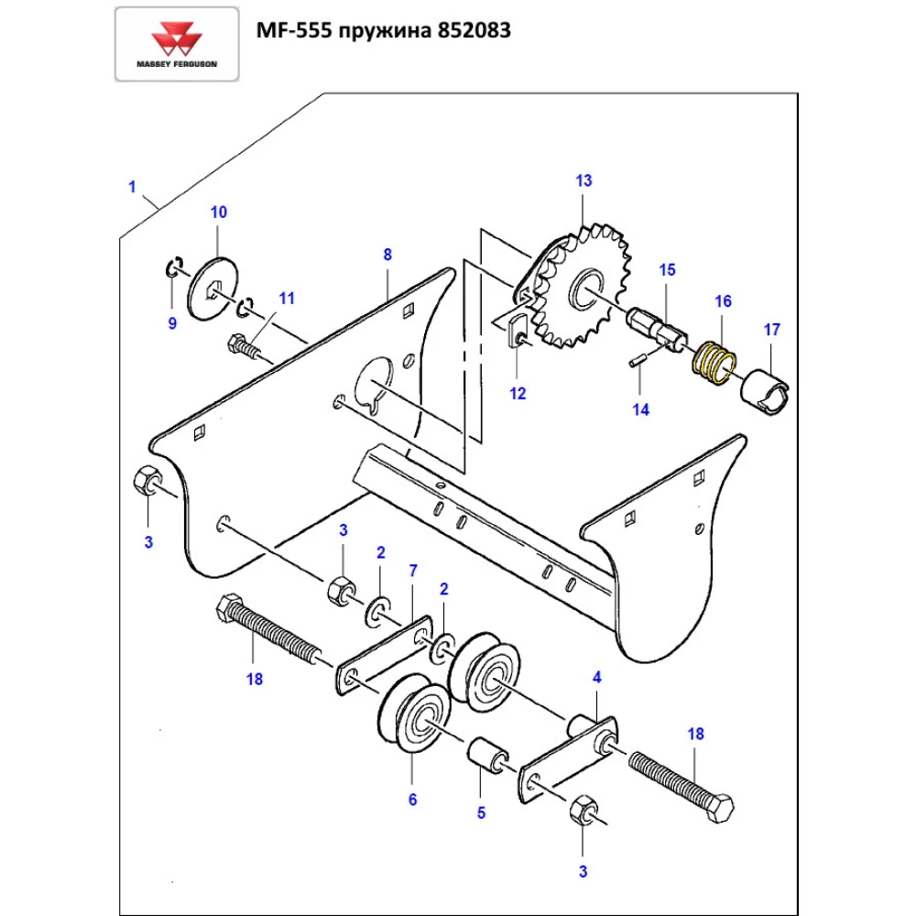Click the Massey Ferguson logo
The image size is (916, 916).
coord(177,44)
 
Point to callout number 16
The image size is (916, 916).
coord(723,300)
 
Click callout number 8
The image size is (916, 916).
coord(387,254)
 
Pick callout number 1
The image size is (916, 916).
coord(132,187)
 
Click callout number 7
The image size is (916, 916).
coord(412,571)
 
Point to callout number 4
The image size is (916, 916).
coord(597,678)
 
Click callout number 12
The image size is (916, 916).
coord(518,394)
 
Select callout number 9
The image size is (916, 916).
coord(172,322)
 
